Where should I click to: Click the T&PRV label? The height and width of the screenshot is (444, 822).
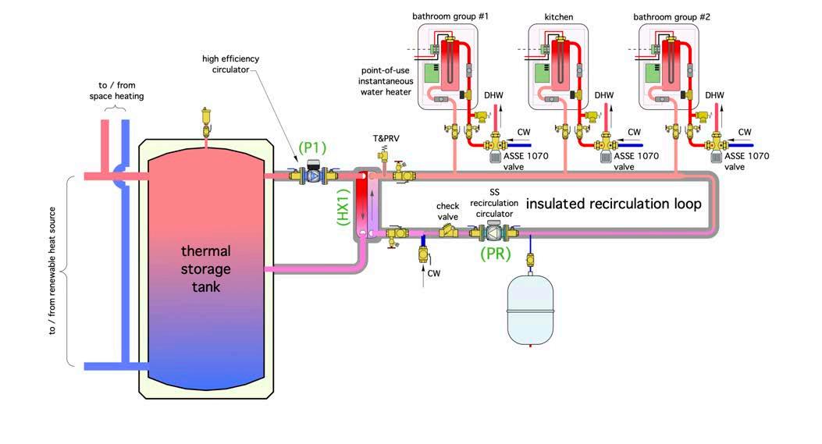[386, 139]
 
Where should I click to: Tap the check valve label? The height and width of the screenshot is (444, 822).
[447, 211]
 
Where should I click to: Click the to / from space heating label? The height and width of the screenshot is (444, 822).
[116, 91]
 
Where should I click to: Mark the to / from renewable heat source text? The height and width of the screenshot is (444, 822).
[53, 271]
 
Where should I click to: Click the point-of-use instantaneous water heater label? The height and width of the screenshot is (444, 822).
[386, 81]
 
